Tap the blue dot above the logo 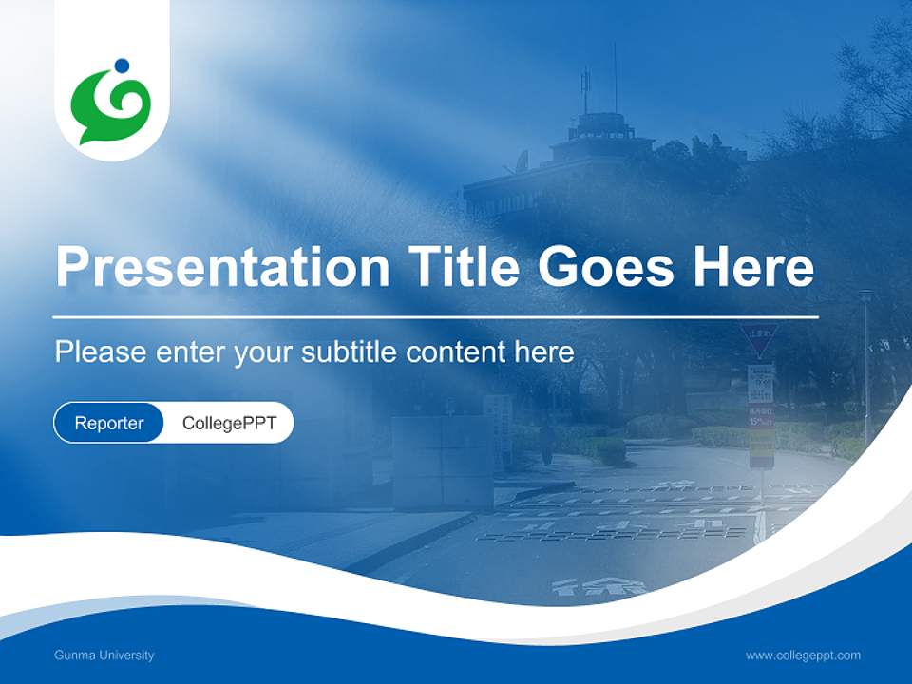[121, 66]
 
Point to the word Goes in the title [609, 267]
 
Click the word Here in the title [752, 267]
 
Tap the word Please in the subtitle [100, 352]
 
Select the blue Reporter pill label [109, 423]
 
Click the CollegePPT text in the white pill [229, 423]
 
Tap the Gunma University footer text [104, 655]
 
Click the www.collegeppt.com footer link [803, 655]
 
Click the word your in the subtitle [266, 352]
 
